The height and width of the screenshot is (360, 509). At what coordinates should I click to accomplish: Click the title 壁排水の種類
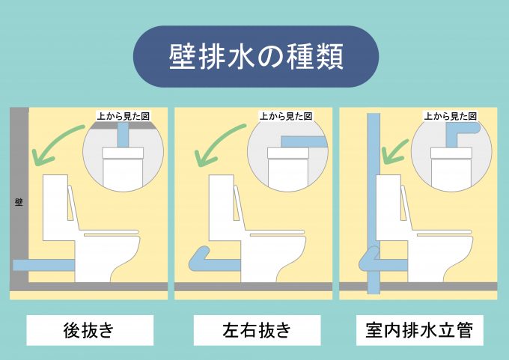(x=256, y=56)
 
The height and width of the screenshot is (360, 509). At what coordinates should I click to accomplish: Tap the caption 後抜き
(x=89, y=330)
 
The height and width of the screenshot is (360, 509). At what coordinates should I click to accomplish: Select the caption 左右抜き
(x=257, y=330)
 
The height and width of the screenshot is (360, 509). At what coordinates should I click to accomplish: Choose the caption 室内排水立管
(x=419, y=330)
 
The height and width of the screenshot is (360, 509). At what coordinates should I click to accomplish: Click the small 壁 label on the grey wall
(x=19, y=202)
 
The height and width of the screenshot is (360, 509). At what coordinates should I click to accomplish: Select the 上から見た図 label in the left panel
(x=124, y=116)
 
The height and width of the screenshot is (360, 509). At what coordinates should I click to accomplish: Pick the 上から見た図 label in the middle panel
(x=286, y=116)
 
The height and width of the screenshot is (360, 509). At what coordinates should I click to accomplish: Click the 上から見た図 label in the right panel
(x=451, y=116)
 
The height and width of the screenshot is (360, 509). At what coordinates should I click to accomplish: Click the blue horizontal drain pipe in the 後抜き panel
(x=44, y=265)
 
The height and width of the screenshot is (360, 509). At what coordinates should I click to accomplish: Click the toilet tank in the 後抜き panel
(x=55, y=208)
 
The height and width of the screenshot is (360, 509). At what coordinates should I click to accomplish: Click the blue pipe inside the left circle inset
(x=123, y=135)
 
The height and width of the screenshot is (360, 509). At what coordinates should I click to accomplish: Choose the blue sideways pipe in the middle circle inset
(x=303, y=142)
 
